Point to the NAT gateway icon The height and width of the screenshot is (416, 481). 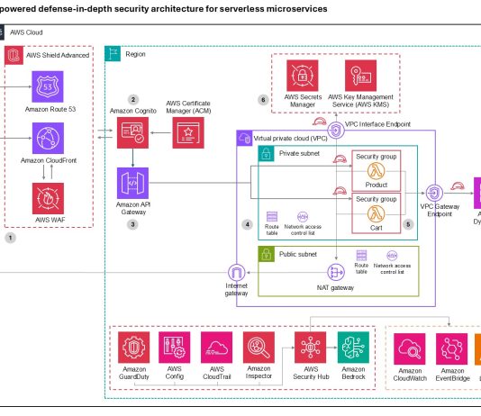[x=335, y=271]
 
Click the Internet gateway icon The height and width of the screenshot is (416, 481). [x=237, y=273]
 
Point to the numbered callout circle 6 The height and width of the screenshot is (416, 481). [x=262, y=99]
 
